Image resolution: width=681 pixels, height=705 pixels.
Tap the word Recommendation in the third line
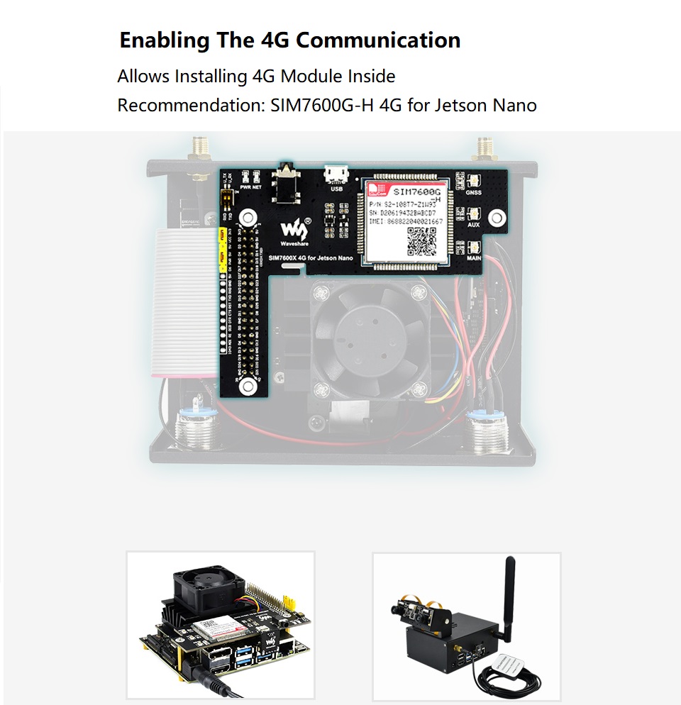click(191, 106)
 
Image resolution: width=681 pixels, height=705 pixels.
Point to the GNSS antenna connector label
click(474, 192)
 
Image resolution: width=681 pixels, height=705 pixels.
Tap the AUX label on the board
click(474, 225)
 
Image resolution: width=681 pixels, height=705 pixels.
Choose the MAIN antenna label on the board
click(474, 258)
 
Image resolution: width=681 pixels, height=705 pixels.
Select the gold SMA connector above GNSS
click(485, 149)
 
